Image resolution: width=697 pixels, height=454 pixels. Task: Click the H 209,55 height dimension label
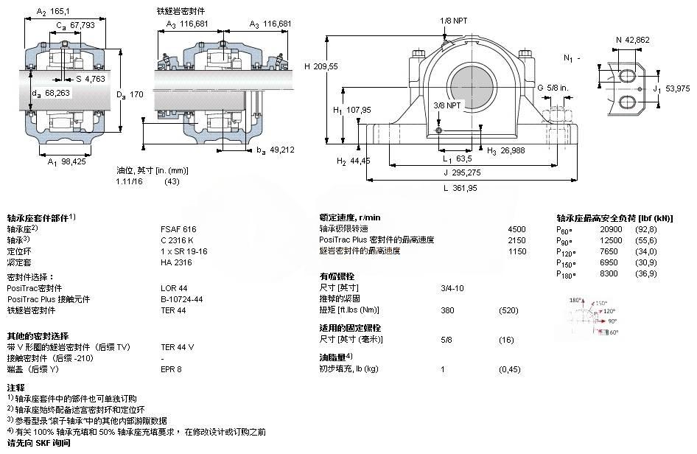(321, 66)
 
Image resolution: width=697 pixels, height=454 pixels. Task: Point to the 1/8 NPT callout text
(453, 21)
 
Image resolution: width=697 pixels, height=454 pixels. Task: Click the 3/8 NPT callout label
(446, 105)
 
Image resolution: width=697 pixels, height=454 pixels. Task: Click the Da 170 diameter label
(130, 94)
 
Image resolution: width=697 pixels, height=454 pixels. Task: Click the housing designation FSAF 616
(178, 229)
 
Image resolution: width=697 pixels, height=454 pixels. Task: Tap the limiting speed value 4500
(517, 229)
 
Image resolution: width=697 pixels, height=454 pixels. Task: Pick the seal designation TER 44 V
(178, 346)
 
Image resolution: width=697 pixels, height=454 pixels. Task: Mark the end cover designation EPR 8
(171, 369)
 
